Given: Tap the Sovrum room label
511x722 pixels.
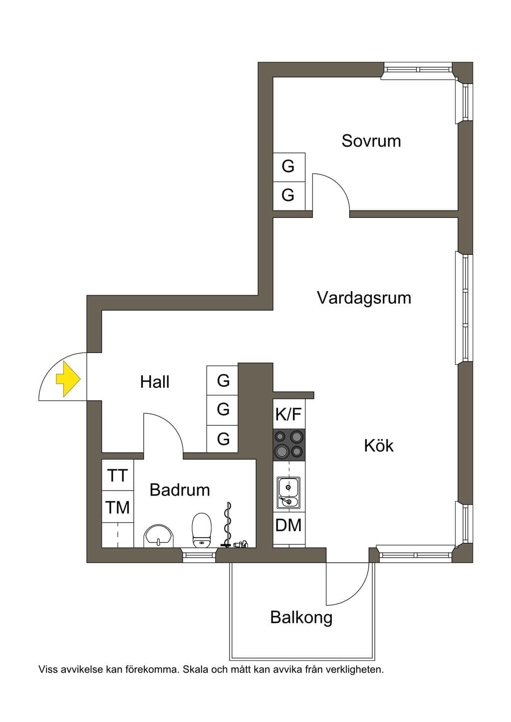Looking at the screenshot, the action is pyautogui.click(x=371, y=141).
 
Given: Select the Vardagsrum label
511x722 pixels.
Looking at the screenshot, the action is pyautogui.click(x=364, y=298).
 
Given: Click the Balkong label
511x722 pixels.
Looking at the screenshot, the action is pyautogui.click(x=301, y=618).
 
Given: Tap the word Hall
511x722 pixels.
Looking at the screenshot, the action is pyautogui.click(x=155, y=382).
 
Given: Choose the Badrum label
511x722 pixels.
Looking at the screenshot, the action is pyautogui.click(x=180, y=490).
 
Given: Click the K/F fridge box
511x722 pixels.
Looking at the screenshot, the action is pyautogui.click(x=289, y=414).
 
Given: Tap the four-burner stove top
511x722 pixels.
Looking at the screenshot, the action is pyautogui.click(x=289, y=444).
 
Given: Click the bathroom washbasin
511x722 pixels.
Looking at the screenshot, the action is pyautogui.click(x=158, y=536).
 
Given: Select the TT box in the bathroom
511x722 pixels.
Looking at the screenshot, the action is pyautogui.click(x=118, y=475).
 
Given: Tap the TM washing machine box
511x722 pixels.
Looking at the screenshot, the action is pyautogui.click(x=118, y=507).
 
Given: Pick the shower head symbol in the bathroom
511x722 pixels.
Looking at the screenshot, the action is pyautogui.click(x=241, y=544).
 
